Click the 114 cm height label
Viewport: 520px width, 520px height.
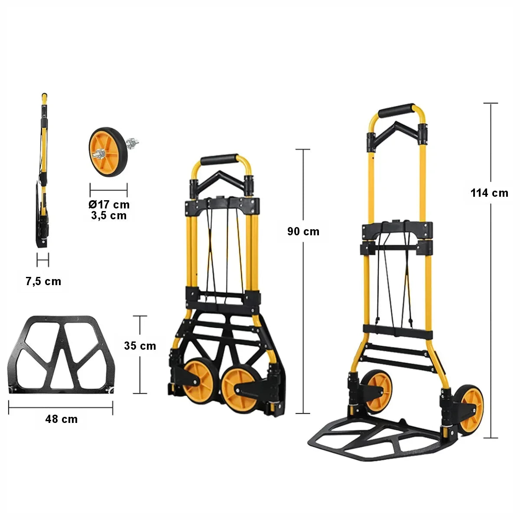(489, 193)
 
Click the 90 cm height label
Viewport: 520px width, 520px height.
(303, 231)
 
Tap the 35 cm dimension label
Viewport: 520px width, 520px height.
(140, 346)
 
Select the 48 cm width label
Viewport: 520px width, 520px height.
(62, 419)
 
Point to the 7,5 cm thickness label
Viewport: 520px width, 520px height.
(43, 282)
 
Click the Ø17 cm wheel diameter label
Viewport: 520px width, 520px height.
(109, 205)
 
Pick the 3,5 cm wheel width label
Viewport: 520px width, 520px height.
(109, 216)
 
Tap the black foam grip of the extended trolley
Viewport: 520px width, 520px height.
(396, 110)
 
